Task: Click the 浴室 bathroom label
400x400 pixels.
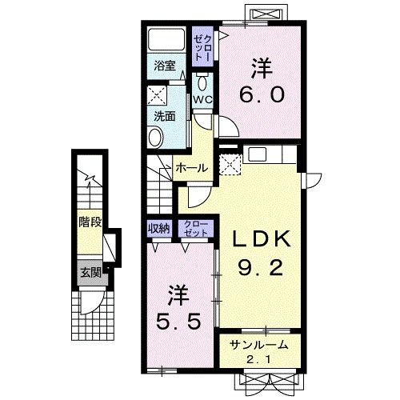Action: pos(165,66)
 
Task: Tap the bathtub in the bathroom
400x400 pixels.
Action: pos(166,39)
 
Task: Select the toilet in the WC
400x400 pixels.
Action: pos(202,82)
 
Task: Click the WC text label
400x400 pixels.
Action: pos(202,100)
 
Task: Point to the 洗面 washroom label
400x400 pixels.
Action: pos(165,116)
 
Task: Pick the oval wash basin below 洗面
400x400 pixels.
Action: pos(155,137)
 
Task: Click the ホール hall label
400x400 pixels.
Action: pos(192,168)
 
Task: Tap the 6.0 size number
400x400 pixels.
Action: pos(262,95)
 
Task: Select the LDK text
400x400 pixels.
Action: pos(262,238)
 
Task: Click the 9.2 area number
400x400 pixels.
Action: pos(260,268)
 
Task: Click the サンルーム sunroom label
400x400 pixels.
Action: pos(259,345)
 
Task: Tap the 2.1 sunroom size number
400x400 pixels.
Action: pos(258,360)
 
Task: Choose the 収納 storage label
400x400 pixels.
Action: pos(159,228)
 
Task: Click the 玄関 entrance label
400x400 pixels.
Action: pos(90,273)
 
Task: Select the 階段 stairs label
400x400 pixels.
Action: pos(90,222)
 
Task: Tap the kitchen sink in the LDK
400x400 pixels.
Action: pos(258,154)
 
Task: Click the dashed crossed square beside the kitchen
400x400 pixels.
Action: pos(230,164)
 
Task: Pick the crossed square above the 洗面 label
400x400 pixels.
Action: pos(157,96)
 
